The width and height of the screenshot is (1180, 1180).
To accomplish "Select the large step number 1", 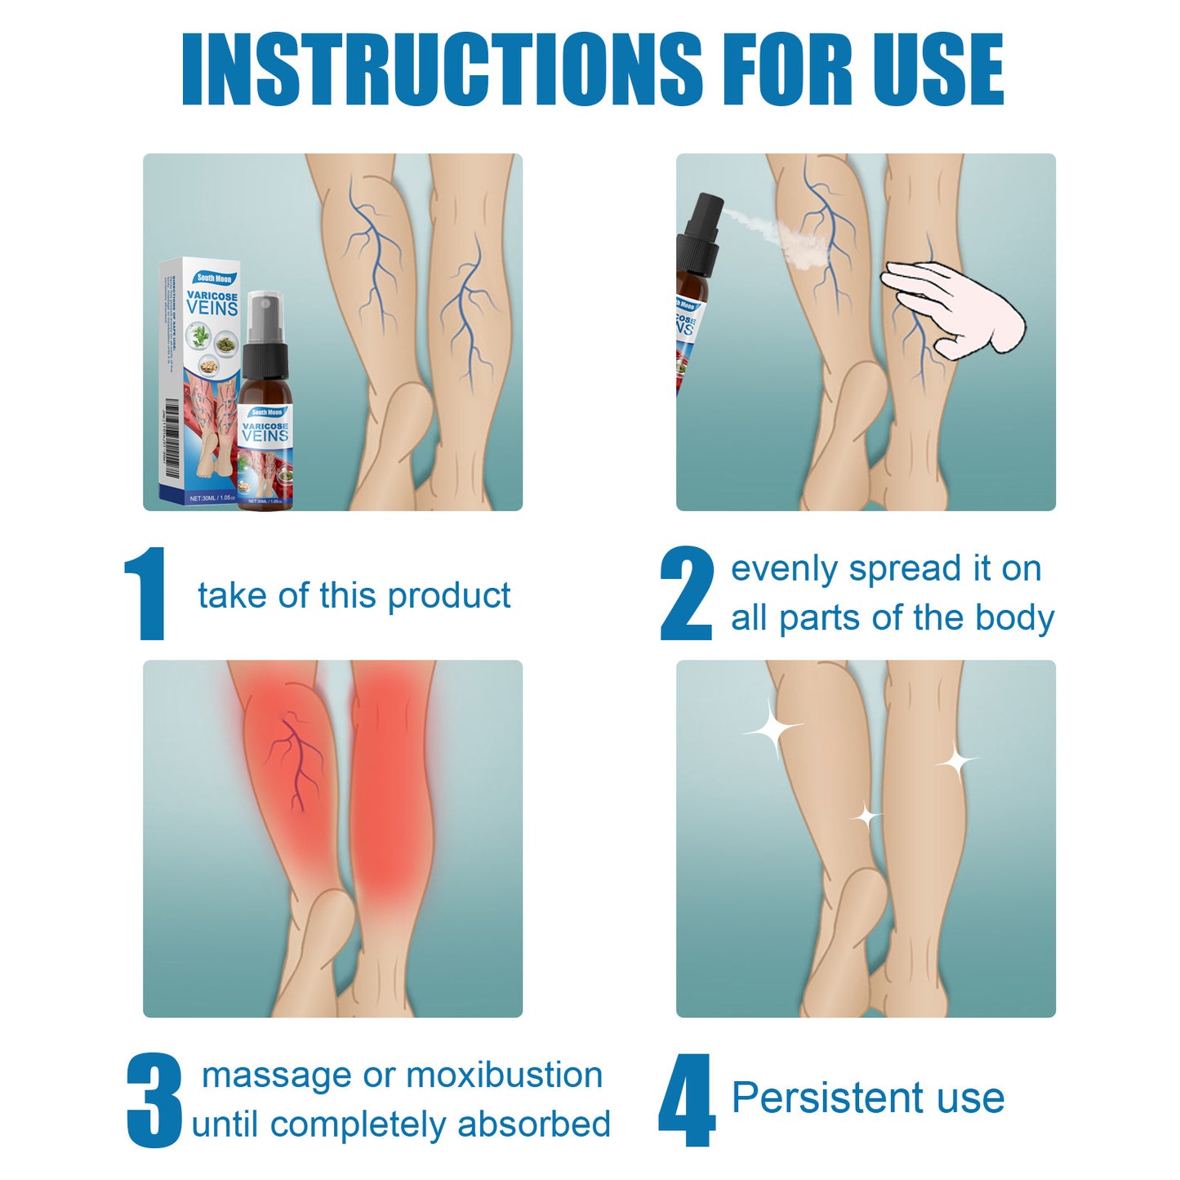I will (147, 594).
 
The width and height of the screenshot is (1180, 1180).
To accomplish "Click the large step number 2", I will (686, 594).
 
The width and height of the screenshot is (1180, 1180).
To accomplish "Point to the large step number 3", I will (154, 1100).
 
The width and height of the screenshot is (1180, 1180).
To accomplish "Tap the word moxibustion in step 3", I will (504, 1075).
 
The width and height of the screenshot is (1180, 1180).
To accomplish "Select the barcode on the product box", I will (171, 437).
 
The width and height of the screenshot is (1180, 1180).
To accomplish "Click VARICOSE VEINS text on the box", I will (212, 303).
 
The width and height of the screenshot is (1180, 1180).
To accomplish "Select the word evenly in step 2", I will (784, 569).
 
